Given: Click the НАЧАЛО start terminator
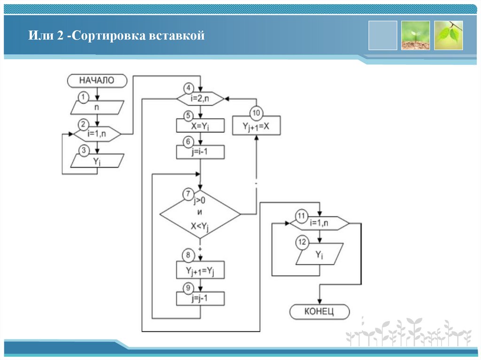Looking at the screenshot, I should (x=97, y=80).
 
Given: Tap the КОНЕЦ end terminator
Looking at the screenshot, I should (x=319, y=312).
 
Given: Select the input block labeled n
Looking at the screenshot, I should (x=97, y=107).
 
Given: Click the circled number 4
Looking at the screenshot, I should (x=188, y=88).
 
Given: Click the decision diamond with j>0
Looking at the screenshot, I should (x=200, y=214).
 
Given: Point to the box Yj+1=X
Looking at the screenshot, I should (x=256, y=127).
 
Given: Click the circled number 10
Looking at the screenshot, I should (x=256, y=113).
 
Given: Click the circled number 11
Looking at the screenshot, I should (x=301, y=216).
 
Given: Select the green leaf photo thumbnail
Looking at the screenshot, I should (x=448, y=35).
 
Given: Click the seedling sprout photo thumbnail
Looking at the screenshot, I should (x=415, y=35).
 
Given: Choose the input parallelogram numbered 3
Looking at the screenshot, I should (x=97, y=161).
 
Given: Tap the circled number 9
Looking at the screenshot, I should (x=188, y=288).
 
